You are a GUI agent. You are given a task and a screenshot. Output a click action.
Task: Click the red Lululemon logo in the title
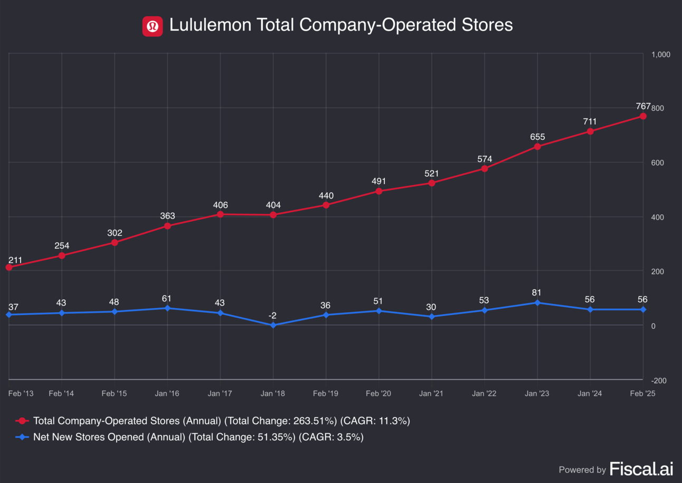pos(153,26)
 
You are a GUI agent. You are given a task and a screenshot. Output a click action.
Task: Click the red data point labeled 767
pos(643,116)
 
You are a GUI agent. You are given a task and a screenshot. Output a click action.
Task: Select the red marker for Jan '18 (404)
pos(273,215)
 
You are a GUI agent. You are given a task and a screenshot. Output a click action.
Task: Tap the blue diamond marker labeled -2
pos(273,325)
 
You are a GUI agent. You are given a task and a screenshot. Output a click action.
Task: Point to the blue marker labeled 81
pos(537,302)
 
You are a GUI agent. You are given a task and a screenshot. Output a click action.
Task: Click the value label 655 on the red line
pos(537,137)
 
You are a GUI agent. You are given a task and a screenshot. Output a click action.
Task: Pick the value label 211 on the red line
pos(15,260)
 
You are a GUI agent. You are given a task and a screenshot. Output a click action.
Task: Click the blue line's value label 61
pos(167,299)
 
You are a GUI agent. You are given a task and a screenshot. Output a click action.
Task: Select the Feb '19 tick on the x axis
pos(326,393)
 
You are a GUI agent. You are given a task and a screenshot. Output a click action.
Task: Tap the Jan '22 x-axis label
pos(484,393)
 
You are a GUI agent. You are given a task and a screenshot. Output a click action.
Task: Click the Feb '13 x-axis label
pos(21,393)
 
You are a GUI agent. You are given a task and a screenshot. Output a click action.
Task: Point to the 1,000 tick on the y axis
pos(660,54)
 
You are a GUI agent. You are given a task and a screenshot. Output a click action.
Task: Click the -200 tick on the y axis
pos(659,381)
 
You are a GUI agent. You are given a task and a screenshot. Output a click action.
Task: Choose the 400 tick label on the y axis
pos(658,217)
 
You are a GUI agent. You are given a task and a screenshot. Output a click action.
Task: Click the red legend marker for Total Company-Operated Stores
pos(22,421)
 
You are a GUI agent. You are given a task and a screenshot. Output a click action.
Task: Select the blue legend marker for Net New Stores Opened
pos(22,437)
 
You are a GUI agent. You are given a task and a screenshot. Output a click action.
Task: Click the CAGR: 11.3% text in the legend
pos(375,421)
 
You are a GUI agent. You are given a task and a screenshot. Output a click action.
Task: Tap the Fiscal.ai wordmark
pos(641,469)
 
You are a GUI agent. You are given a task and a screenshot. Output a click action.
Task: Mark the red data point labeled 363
pos(167,226)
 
